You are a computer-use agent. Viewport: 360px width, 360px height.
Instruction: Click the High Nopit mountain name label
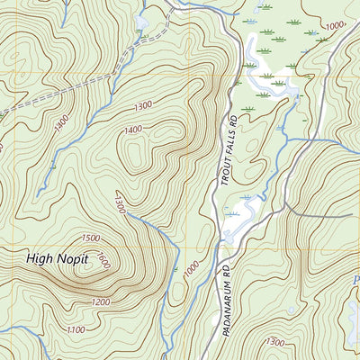pos(58,260)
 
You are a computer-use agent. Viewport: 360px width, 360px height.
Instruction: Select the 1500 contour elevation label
pos(90,238)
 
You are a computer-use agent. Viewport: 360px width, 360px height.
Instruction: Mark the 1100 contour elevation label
pos(77,331)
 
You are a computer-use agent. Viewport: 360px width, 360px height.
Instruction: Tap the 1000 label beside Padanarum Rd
pos(190,268)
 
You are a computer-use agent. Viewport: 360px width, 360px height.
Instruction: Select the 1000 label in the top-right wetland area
pos(337,26)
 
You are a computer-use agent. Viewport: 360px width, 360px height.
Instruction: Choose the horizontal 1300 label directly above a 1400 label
pos(142,106)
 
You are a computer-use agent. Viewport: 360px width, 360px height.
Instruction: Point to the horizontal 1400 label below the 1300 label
pos(134,130)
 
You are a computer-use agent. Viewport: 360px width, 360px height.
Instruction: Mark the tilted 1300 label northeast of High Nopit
pos(117,205)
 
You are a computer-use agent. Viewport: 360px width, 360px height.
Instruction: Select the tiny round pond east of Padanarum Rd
pos(292,310)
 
